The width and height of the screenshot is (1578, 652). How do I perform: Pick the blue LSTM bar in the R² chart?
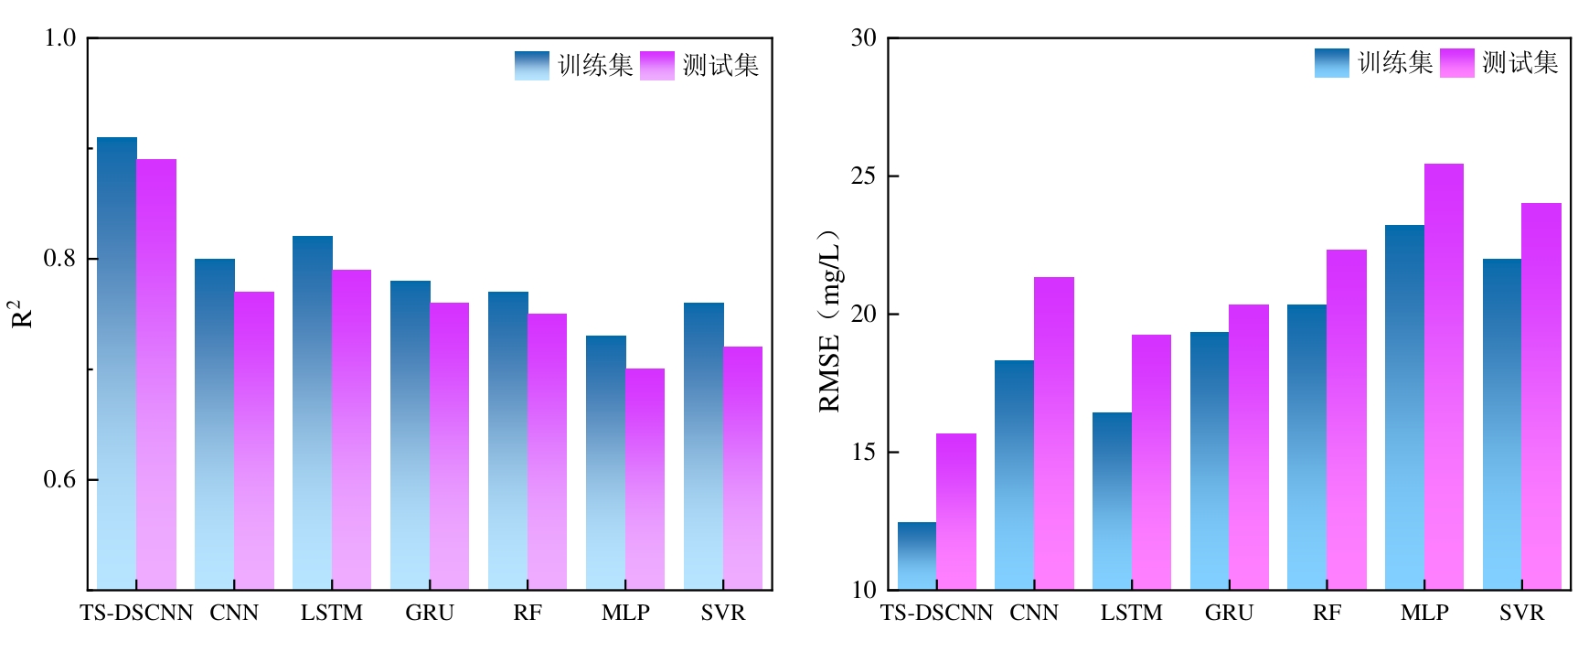pyautogui.click(x=313, y=412)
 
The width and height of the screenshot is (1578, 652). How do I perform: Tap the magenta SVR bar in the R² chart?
pyautogui.click(x=743, y=467)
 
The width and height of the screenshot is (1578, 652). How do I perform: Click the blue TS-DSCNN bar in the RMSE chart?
pyautogui.click(x=917, y=556)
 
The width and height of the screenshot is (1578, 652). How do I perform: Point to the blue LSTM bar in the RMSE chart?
pyautogui.click(x=1112, y=501)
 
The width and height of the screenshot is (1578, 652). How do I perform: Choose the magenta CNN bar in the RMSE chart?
pyautogui.click(x=1054, y=433)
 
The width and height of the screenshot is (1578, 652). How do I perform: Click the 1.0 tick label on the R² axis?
pyautogui.click(x=60, y=38)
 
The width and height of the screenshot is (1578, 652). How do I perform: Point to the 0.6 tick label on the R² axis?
pyautogui.click(x=60, y=479)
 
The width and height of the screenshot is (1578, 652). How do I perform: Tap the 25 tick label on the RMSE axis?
pyautogui.click(x=863, y=176)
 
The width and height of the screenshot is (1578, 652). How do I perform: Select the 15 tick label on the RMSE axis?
pyautogui.click(x=863, y=452)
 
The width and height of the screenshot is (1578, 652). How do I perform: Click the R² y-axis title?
pyautogui.click(x=21, y=314)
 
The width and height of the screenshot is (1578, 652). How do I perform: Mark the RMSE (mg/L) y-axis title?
pyautogui.click(x=829, y=321)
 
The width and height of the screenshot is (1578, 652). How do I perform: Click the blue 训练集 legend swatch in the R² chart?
pyautogui.click(x=532, y=65)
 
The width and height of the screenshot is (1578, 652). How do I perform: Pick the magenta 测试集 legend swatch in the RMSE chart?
pyautogui.click(x=1457, y=62)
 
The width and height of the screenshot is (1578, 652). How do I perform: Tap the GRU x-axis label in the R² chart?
pyautogui.click(x=430, y=613)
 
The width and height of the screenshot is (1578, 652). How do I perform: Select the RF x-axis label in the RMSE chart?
pyautogui.click(x=1327, y=613)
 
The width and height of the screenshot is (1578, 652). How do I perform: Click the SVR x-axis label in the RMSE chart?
pyautogui.click(x=1521, y=613)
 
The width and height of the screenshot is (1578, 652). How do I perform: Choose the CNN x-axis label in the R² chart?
pyautogui.click(x=234, y=613)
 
